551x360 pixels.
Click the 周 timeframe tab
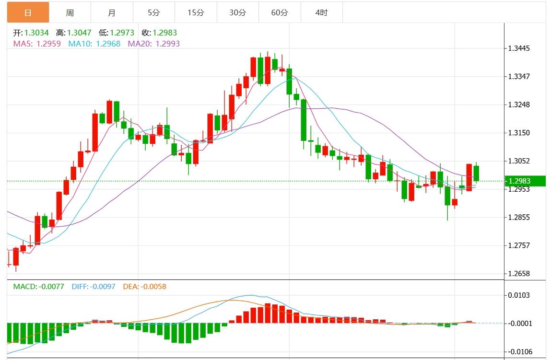(70, 12)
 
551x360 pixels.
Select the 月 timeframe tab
(112, 12)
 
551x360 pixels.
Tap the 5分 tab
(153, 12)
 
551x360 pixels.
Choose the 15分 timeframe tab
(196, 12)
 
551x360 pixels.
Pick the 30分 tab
(237, 12)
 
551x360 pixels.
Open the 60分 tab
(280, 12)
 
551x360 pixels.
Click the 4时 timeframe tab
(321, 12)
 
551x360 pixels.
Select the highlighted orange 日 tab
(28, 12)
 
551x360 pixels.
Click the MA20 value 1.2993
(167, 44)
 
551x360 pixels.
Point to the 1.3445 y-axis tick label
(519, 48)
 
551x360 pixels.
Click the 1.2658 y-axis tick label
(519, 274)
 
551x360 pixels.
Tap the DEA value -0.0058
(154, 287)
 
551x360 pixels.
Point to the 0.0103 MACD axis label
(519, 295)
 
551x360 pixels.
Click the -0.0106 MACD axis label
(519, 352)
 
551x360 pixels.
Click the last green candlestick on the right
(476, 173)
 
